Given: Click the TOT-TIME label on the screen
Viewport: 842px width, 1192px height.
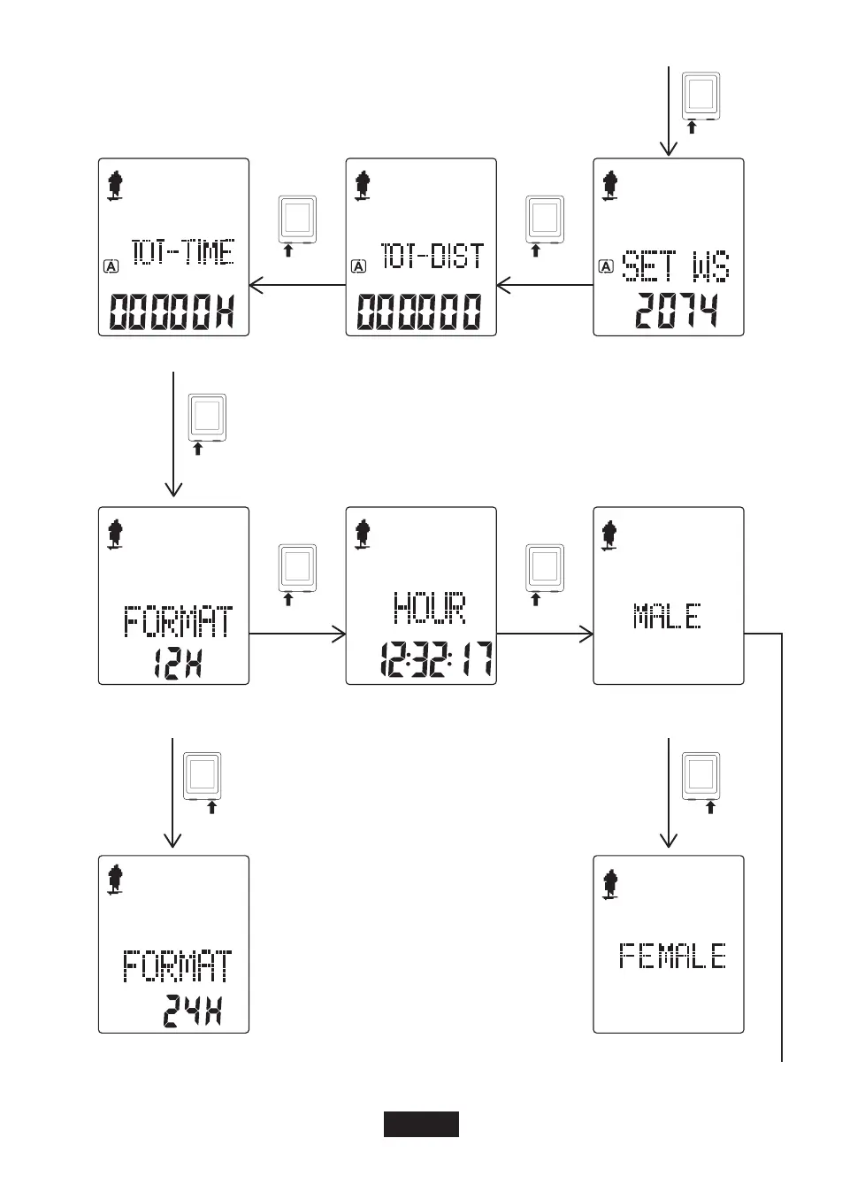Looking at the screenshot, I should (183, 253).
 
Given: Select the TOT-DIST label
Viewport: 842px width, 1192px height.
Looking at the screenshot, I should (432, 256).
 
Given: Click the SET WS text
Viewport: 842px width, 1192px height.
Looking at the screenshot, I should (677, 265).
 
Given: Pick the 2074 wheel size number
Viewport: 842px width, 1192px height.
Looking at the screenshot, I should (677, 311).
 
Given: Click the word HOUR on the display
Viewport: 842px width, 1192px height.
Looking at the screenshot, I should (429, 608).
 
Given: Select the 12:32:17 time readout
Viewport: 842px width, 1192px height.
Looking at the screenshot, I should (436, 659).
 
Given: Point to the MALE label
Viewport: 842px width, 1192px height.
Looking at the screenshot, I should (668, 616).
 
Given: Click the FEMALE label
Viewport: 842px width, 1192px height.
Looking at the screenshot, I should (672, 957).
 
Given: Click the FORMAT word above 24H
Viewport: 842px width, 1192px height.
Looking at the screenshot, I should (178, 965).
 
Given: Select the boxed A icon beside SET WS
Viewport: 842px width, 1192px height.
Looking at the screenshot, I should (607, 265).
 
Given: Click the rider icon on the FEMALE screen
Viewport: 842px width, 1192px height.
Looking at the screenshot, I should (609, 883).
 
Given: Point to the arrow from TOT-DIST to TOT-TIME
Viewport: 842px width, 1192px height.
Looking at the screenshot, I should (296, 285).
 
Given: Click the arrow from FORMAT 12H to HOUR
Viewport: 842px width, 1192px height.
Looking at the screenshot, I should (296, 634).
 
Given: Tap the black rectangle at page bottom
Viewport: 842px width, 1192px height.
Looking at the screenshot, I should (421, 1124).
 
